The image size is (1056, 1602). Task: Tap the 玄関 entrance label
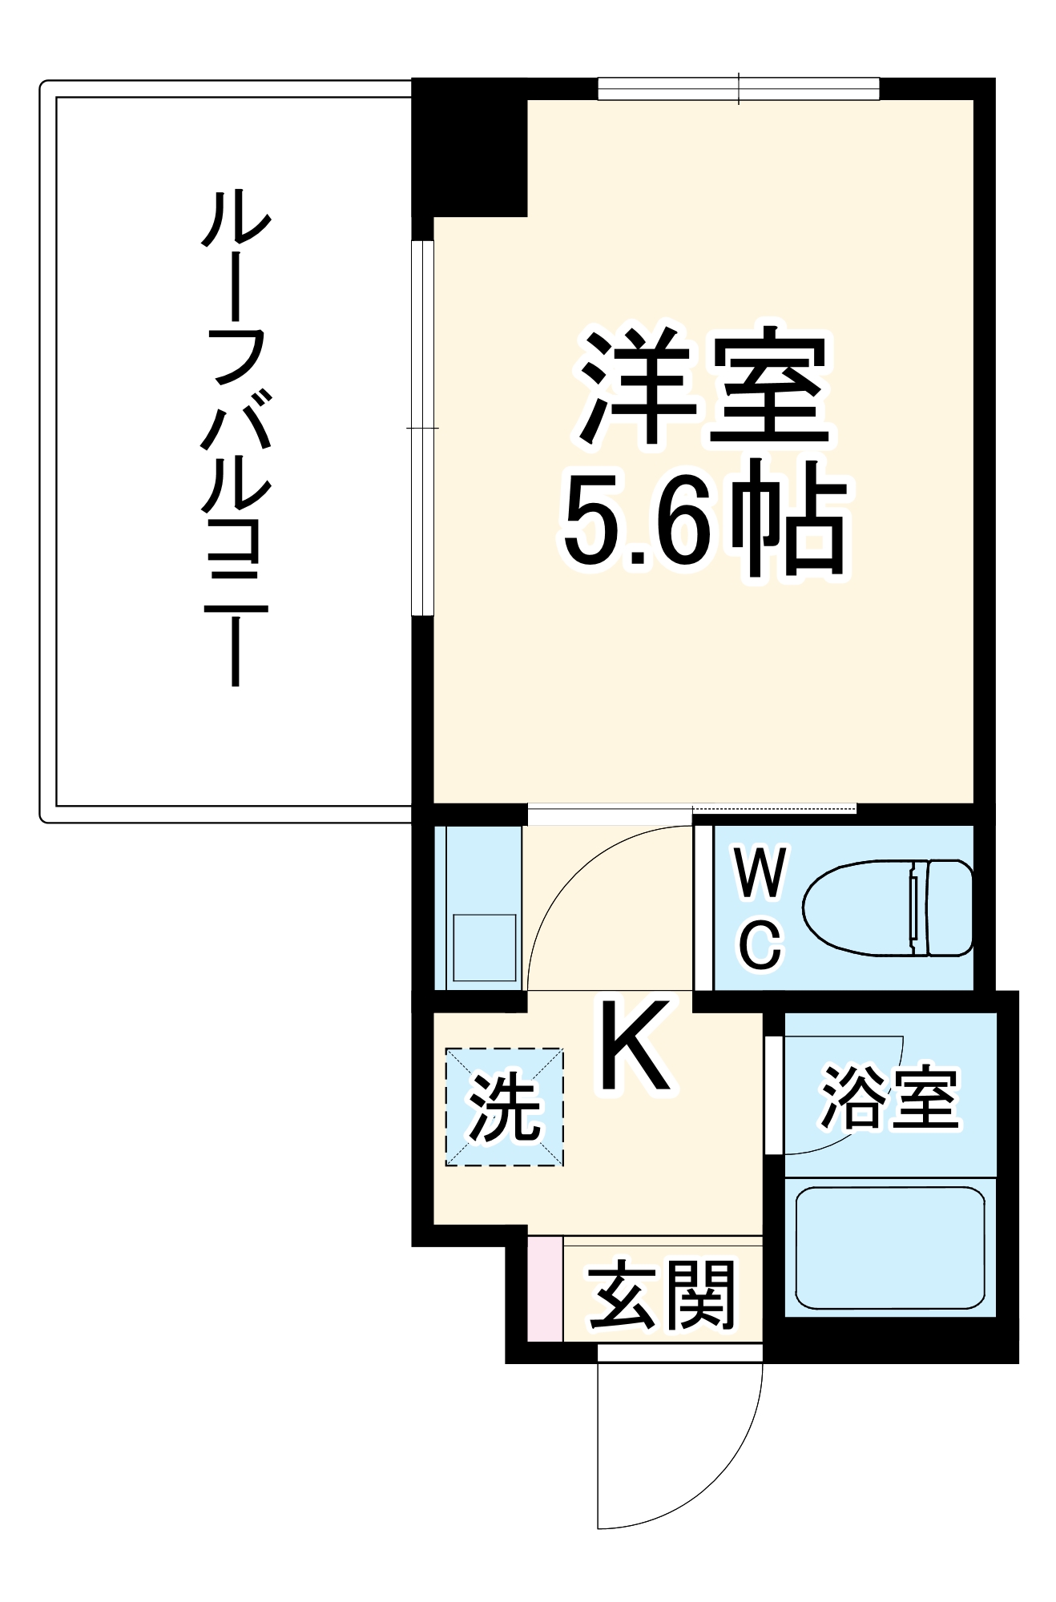click(662, 1294)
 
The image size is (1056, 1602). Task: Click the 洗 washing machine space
click(505, 1107)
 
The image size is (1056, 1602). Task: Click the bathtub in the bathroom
click(889, 1247)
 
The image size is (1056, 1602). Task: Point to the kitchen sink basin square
click(485, 948)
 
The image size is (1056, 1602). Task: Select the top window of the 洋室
click(738, 88)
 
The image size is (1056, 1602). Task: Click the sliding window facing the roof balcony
click(422, 428)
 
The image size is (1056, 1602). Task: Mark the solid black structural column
click(469, 148)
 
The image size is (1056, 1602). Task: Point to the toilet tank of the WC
click(950, 908)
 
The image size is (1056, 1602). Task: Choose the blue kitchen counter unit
click(478, 907)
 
